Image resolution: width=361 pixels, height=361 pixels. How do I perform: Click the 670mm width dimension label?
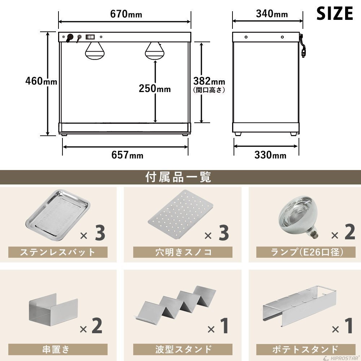pos(126,14)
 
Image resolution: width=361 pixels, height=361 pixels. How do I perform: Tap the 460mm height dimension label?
pos(41,81)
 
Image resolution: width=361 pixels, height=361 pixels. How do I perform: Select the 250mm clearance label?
pos(155,88)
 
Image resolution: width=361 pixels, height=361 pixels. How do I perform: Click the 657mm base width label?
pos(127,155)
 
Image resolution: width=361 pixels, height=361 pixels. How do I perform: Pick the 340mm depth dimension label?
pos(272,14)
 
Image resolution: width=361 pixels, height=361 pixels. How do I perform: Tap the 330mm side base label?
pos(270,155)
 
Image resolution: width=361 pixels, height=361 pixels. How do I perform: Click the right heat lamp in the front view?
pos(155,51)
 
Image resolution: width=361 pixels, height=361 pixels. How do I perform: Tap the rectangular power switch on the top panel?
pos(90,36)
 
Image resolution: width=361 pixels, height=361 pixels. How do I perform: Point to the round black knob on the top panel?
pos(70,37)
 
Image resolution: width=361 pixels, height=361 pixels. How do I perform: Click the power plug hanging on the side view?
pos(303,52)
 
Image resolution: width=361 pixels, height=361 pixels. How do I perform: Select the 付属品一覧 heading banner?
pos(178,177)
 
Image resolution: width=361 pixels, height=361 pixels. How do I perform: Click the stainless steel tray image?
pos(58,214)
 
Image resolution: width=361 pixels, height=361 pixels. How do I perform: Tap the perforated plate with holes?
pos(180,214)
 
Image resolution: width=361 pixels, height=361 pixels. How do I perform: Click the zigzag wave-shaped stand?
pos(175,304)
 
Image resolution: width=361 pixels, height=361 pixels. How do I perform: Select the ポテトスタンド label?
pos(305,349)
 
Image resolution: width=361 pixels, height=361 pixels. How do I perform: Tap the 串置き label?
pos(56,349)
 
